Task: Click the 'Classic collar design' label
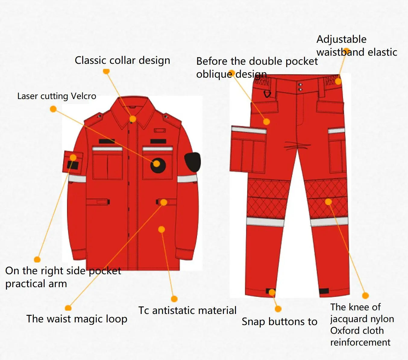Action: pos(122,61)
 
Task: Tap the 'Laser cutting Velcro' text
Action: pos(57,96)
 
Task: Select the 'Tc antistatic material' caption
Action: pos(187,310)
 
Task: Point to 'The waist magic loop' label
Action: pos(77,319)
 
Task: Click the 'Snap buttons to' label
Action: pos(280,321)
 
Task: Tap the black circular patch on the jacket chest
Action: pos(158,166)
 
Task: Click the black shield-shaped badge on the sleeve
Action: pos(193,162)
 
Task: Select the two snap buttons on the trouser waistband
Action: pos(300,87)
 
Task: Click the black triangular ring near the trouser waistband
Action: pos(267,94)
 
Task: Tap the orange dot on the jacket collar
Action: pos(133,119)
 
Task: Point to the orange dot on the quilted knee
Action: pos(328,202)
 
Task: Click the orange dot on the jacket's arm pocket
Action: pos(73,157)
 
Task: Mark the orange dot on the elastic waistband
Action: pos(338,81)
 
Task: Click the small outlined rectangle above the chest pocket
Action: pos(160,131)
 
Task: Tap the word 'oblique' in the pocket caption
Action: pos(214,75)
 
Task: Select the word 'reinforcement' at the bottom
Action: pos(360,342)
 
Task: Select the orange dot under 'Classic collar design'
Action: pos(106,71)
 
